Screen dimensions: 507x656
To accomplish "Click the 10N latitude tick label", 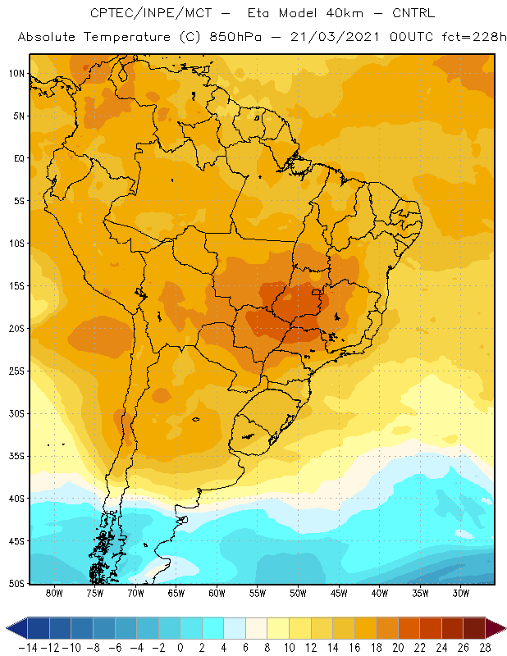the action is (16, 74).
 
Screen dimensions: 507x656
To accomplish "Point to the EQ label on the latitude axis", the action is (19, 158).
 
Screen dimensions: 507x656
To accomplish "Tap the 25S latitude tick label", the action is (16, 371).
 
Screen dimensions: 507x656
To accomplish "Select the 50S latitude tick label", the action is (16, 583).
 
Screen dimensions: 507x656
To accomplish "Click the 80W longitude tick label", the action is (54, 593).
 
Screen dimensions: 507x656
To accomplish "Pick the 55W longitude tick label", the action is (258, 593).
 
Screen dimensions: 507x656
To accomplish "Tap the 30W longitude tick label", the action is (461, 593).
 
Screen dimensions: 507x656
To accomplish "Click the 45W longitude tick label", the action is (339, 593).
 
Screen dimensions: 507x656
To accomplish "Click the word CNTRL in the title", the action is (413, 13).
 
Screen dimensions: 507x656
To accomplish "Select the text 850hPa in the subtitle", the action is (235, 37).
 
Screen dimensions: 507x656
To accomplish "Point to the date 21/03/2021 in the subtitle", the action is (335, 37).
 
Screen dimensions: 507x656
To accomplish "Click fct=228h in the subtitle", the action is (474, 37).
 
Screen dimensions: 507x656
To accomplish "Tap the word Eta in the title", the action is (258, 13).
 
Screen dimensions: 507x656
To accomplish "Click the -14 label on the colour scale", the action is (29, 648).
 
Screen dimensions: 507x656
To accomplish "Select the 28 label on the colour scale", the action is (485, 648).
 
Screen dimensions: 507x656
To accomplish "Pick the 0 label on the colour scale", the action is (180, 648).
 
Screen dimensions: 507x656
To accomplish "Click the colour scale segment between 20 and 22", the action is (409, 628).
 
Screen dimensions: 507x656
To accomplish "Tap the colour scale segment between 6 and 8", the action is (256, 628).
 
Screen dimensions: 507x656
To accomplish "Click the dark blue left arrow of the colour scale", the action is (16, 628).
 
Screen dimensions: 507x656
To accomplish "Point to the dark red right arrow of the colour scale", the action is (496, 628).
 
